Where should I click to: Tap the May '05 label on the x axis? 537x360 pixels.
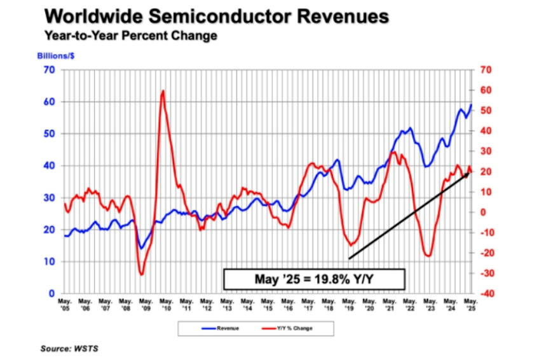tap(64, 303)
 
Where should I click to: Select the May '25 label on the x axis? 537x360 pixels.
tap(470, 303)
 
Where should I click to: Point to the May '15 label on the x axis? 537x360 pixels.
tap(267, 303)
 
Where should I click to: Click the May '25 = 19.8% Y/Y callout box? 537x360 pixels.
tap(313, 279)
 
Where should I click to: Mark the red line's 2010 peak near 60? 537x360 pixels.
tap(163, 91)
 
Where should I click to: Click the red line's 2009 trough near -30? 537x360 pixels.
tap(142, 274)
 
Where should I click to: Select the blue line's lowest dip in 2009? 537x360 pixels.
tap(141, 248)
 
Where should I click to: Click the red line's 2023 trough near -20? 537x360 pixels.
tap(429, 256)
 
